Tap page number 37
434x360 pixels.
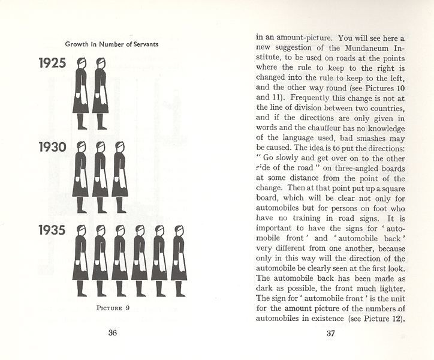click(x=330, y=334)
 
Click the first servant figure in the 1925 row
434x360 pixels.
click(x=81, y=93)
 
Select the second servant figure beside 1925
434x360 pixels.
click(x=101, y=93)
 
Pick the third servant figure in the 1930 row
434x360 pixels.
click(x=119, y=176)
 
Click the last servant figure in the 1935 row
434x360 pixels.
click(x=179, y=260)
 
